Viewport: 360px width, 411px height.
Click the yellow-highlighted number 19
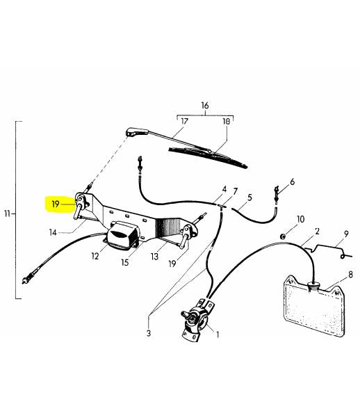tap(56, 204)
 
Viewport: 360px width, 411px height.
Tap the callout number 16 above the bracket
tap(205, 106)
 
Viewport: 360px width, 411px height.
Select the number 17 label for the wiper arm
tap(184, 122)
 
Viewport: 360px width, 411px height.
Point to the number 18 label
tap(226, 122)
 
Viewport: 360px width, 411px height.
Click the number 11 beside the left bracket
tap(7, 214)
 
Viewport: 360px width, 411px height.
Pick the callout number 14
tap(53, 232)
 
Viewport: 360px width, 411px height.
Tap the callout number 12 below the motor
tap(95, 256)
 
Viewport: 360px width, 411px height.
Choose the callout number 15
tap(125, 262)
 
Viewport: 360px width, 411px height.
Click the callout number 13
tap(154, 257)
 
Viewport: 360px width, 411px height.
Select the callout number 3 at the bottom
tap(149, 333)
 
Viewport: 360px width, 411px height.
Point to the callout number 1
tap(218, 335)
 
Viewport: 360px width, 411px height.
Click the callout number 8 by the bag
tap(350, 275)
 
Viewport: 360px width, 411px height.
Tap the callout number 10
tap(300, 219)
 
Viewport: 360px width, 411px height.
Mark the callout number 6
tap(292, 182)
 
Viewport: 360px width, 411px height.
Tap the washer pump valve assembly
tap(198, 321)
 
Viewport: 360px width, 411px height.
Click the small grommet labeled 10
tap(283, 236)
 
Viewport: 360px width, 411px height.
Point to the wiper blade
tap(208, 157)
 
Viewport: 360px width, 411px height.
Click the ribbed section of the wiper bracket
tap(167, 227)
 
